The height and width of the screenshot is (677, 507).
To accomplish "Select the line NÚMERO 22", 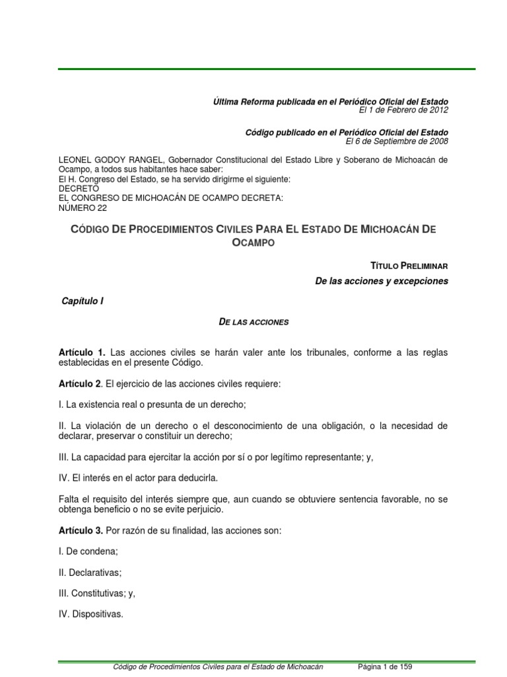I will pyautogui.click(x=83, y=207).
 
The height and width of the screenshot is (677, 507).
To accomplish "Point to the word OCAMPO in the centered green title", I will pyautogui.click(x=253, y=243).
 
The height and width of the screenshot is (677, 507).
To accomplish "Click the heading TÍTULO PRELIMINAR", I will pyautogui.click(x=409, y=265).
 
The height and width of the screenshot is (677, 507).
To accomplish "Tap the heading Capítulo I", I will pyautogui.click(x=83, y=300).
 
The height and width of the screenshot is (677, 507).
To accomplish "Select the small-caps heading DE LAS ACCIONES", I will pyautogui.click(x=253, y=322).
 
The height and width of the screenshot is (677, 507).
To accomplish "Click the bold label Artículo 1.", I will pyautogui.click(x=83, y=352).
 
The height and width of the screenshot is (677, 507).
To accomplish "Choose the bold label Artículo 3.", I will pyautogui.click(x=83, y=530).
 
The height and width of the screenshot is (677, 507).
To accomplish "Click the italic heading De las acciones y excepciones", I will pyautogui.click(x=382, y=281).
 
